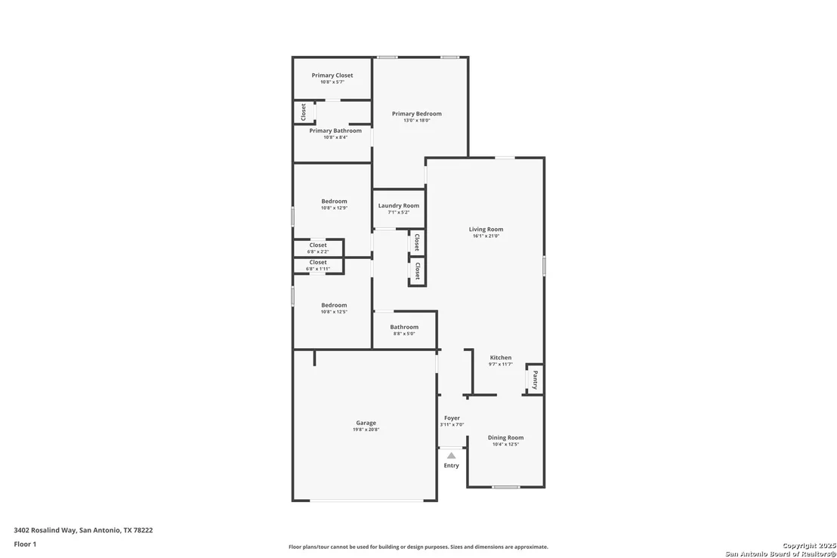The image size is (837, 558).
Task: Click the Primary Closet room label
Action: tap(332, 76)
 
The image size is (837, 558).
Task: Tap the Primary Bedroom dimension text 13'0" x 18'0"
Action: tap(416, 121)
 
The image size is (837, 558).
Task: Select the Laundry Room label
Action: tap(399, 205)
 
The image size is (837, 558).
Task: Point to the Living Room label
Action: tap(486, 230)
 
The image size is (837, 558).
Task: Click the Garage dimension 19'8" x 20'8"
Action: tap(366, 430)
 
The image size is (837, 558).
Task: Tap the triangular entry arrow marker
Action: tap(452, 455)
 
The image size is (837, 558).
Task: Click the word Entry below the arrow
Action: tap(452, 466)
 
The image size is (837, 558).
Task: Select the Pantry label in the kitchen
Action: tap(536, 380)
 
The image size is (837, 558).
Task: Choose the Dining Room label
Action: tap(505, 437)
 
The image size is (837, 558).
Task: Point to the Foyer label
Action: tap(452, 418)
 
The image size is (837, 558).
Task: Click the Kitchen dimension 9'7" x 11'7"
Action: tap(501, 365)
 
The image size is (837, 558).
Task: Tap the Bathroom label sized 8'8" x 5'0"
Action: tap(404, 327)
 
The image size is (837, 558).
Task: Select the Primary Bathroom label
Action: tap(335, 131)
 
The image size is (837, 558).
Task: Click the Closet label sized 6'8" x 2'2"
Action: tap(317, 245)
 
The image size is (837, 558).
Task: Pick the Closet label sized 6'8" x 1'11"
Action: tap(317, 263)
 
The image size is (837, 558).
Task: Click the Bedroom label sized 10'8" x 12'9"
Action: tap(334, 202)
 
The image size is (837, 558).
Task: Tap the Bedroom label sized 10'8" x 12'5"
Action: tap(334, 305)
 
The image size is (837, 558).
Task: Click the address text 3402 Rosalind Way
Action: tap(45, 530)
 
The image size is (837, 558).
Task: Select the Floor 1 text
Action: tap(25, 544)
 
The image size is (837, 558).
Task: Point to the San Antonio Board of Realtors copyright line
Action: tap(780, 553)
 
